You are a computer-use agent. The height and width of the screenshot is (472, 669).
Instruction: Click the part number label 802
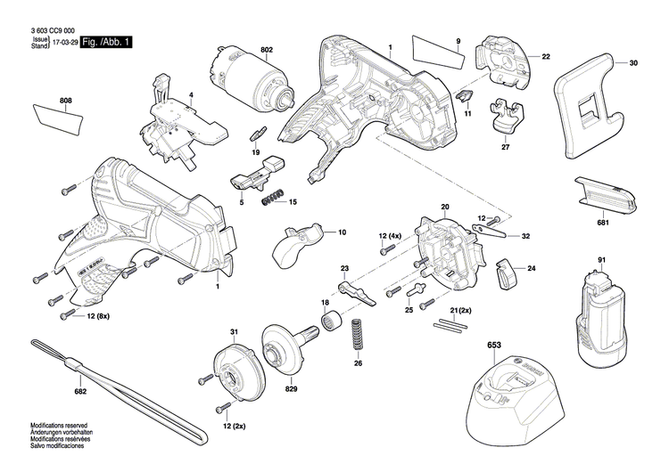266,49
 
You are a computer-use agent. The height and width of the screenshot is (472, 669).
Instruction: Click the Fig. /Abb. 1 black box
105,43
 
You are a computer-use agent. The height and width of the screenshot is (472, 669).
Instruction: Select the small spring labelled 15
274,200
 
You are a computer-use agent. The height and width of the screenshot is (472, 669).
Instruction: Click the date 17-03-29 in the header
65,43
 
